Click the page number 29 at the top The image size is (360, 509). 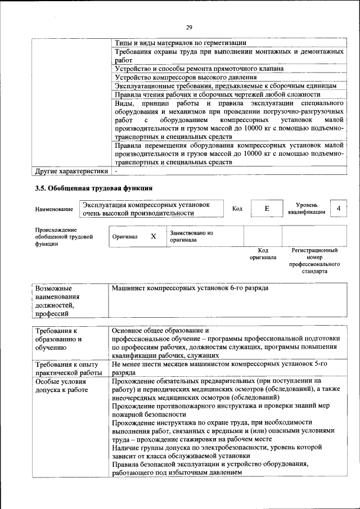coord(190,28)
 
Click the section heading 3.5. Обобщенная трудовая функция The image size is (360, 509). coord(93,188)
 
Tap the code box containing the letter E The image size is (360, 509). coord(267,209)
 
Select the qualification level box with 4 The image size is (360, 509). coord(338,209)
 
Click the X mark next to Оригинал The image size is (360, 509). coord(153,237)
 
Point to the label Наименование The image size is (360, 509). coord(54,209)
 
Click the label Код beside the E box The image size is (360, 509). coord(237,209)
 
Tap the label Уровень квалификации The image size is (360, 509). coord(307,209)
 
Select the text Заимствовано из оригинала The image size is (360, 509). coord(191,236)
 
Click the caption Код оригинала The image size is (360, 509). coord(263,254)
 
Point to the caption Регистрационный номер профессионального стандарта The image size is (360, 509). coord(314,260)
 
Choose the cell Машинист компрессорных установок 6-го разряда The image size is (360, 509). coord(190,288)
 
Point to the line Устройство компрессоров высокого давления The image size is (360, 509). coord(186,77)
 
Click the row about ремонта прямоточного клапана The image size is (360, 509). coord(199,69)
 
